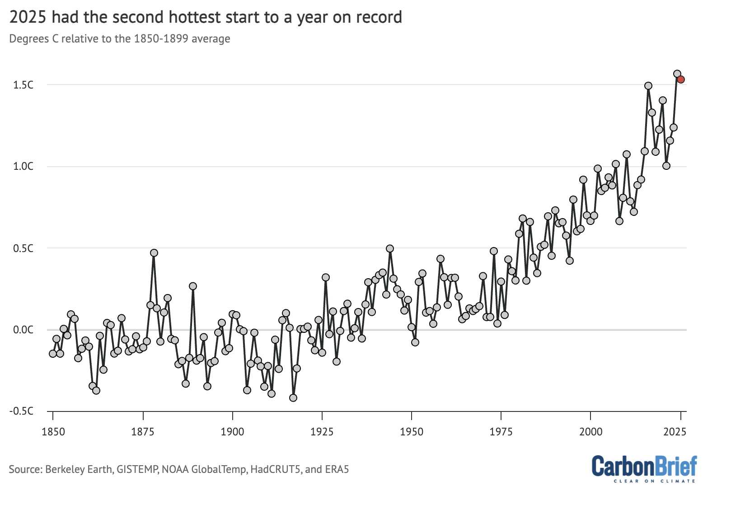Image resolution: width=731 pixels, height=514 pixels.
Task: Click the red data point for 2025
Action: point(681,79)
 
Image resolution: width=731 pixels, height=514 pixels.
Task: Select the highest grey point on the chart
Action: point(677,74)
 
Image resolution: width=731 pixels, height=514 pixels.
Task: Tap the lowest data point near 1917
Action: point(293,398)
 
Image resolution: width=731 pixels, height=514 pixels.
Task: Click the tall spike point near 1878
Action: point(154,253)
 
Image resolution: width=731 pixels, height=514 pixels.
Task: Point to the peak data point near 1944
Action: point(390,249)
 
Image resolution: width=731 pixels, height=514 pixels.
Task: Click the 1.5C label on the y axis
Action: point(23,85)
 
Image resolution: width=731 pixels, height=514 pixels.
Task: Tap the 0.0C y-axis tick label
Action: point(23,330)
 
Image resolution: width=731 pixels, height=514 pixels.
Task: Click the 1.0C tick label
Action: point(23,166)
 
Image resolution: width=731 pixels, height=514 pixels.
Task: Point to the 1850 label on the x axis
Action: point(53,432)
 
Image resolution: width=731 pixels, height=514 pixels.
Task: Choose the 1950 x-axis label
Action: point(412,432)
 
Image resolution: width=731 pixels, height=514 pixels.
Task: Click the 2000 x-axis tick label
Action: point(591,432)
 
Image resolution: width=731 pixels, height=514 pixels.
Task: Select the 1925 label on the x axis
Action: point(322,432)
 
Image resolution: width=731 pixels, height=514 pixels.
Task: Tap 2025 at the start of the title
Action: point(28,17)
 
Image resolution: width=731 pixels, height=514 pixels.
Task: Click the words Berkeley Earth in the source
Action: point(79,469)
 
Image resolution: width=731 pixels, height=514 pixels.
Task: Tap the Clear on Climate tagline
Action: point(654,481)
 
